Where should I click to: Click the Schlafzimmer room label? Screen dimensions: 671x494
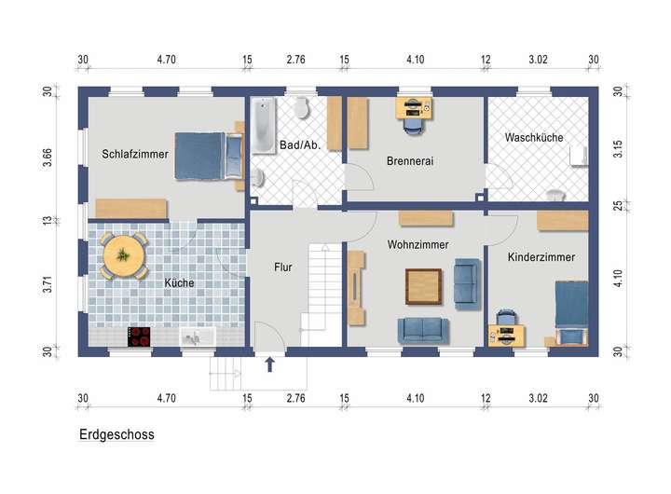click(x=135, y=154)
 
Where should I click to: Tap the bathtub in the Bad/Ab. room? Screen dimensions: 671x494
click(x=264, y=126)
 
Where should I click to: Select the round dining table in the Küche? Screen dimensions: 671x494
click(x=124, y=255)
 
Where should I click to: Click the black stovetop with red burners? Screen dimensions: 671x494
click(x=139, y=336)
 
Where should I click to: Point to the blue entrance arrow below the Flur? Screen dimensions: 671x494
click(x=269, y=364)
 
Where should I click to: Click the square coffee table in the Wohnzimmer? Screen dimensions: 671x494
click(x=423, y=286)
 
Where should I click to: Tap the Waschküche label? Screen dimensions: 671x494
click(x=534, y=137)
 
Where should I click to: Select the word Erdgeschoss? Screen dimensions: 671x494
click(x=116, y=434)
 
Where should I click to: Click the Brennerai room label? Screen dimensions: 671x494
click(x=410, y=161)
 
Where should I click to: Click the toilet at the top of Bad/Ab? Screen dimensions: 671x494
click(x=302, y=107)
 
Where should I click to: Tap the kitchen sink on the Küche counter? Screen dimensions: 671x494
click(x=198, y=336)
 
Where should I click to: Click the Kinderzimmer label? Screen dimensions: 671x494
click(x=541, y=257)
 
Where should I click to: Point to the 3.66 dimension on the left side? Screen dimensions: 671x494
click(x=48, y=158)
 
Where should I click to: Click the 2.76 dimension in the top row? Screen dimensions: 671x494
click(x=295, y=59)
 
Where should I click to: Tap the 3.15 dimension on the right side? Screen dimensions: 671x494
click(x=618, y=148)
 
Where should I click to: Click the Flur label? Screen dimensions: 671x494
click(x=283, y=268)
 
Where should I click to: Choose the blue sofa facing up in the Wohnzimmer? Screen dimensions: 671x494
click(x=423, y=331)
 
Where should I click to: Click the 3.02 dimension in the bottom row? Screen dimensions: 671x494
click(x=538, y=398)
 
